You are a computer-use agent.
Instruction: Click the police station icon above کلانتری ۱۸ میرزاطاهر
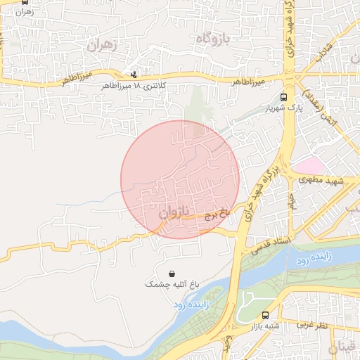134,74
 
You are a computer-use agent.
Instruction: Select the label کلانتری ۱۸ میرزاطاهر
134,85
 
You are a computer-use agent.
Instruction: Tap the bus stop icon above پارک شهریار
283,98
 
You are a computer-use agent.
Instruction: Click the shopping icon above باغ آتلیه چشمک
172,273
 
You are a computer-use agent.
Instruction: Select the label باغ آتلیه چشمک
173,284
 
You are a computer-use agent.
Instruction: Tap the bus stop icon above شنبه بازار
265,316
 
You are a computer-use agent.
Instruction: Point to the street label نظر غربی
311,325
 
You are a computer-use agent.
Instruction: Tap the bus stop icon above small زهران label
26,2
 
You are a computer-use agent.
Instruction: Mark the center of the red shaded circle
180,179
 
